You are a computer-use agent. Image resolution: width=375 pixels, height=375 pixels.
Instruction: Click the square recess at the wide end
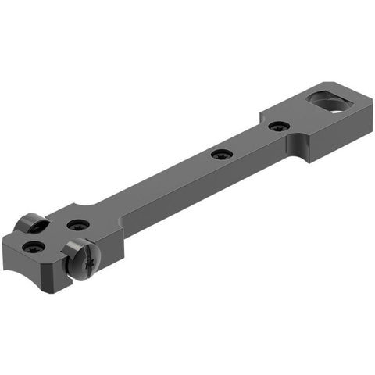tap(328, 102)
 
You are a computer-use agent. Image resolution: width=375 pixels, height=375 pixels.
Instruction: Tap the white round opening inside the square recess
tap(334, 106)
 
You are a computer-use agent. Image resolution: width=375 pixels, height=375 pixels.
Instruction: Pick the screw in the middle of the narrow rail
tap(220, 154)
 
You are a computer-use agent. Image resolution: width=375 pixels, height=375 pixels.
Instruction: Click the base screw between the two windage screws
tap(77, 225)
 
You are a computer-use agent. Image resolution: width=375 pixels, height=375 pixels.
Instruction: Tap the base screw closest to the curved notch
tap(33, 247)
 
